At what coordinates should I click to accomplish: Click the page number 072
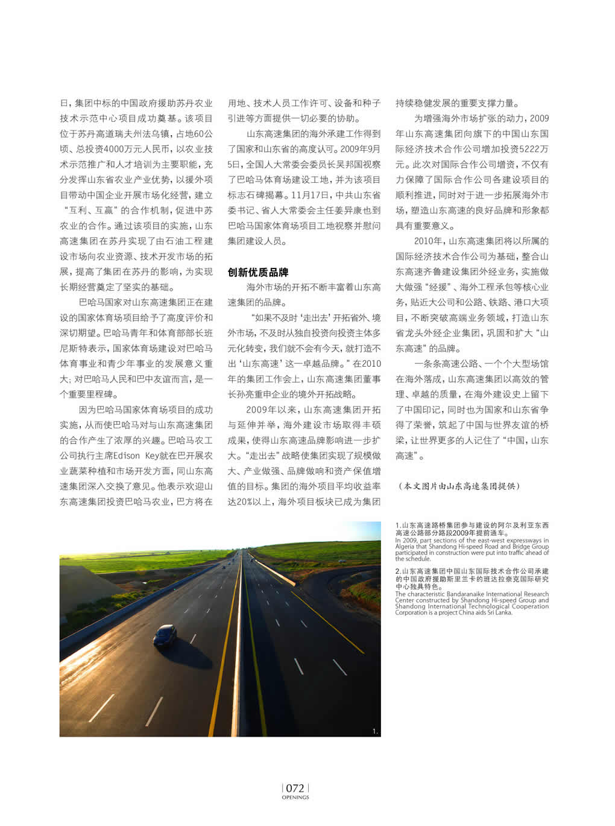(x=295, y=788)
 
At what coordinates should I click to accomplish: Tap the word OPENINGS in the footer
(x=295, y=797)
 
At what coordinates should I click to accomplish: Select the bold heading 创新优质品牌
(x=257, y=272)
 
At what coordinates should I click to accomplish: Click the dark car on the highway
(x=165, y=634)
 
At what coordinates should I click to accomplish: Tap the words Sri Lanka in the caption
(x=499, y=612)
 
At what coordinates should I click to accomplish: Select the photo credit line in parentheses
(x=458, y=486)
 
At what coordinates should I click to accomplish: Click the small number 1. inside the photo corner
(x=375, y=731)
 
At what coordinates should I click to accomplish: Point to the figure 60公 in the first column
(x=203, y=134)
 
